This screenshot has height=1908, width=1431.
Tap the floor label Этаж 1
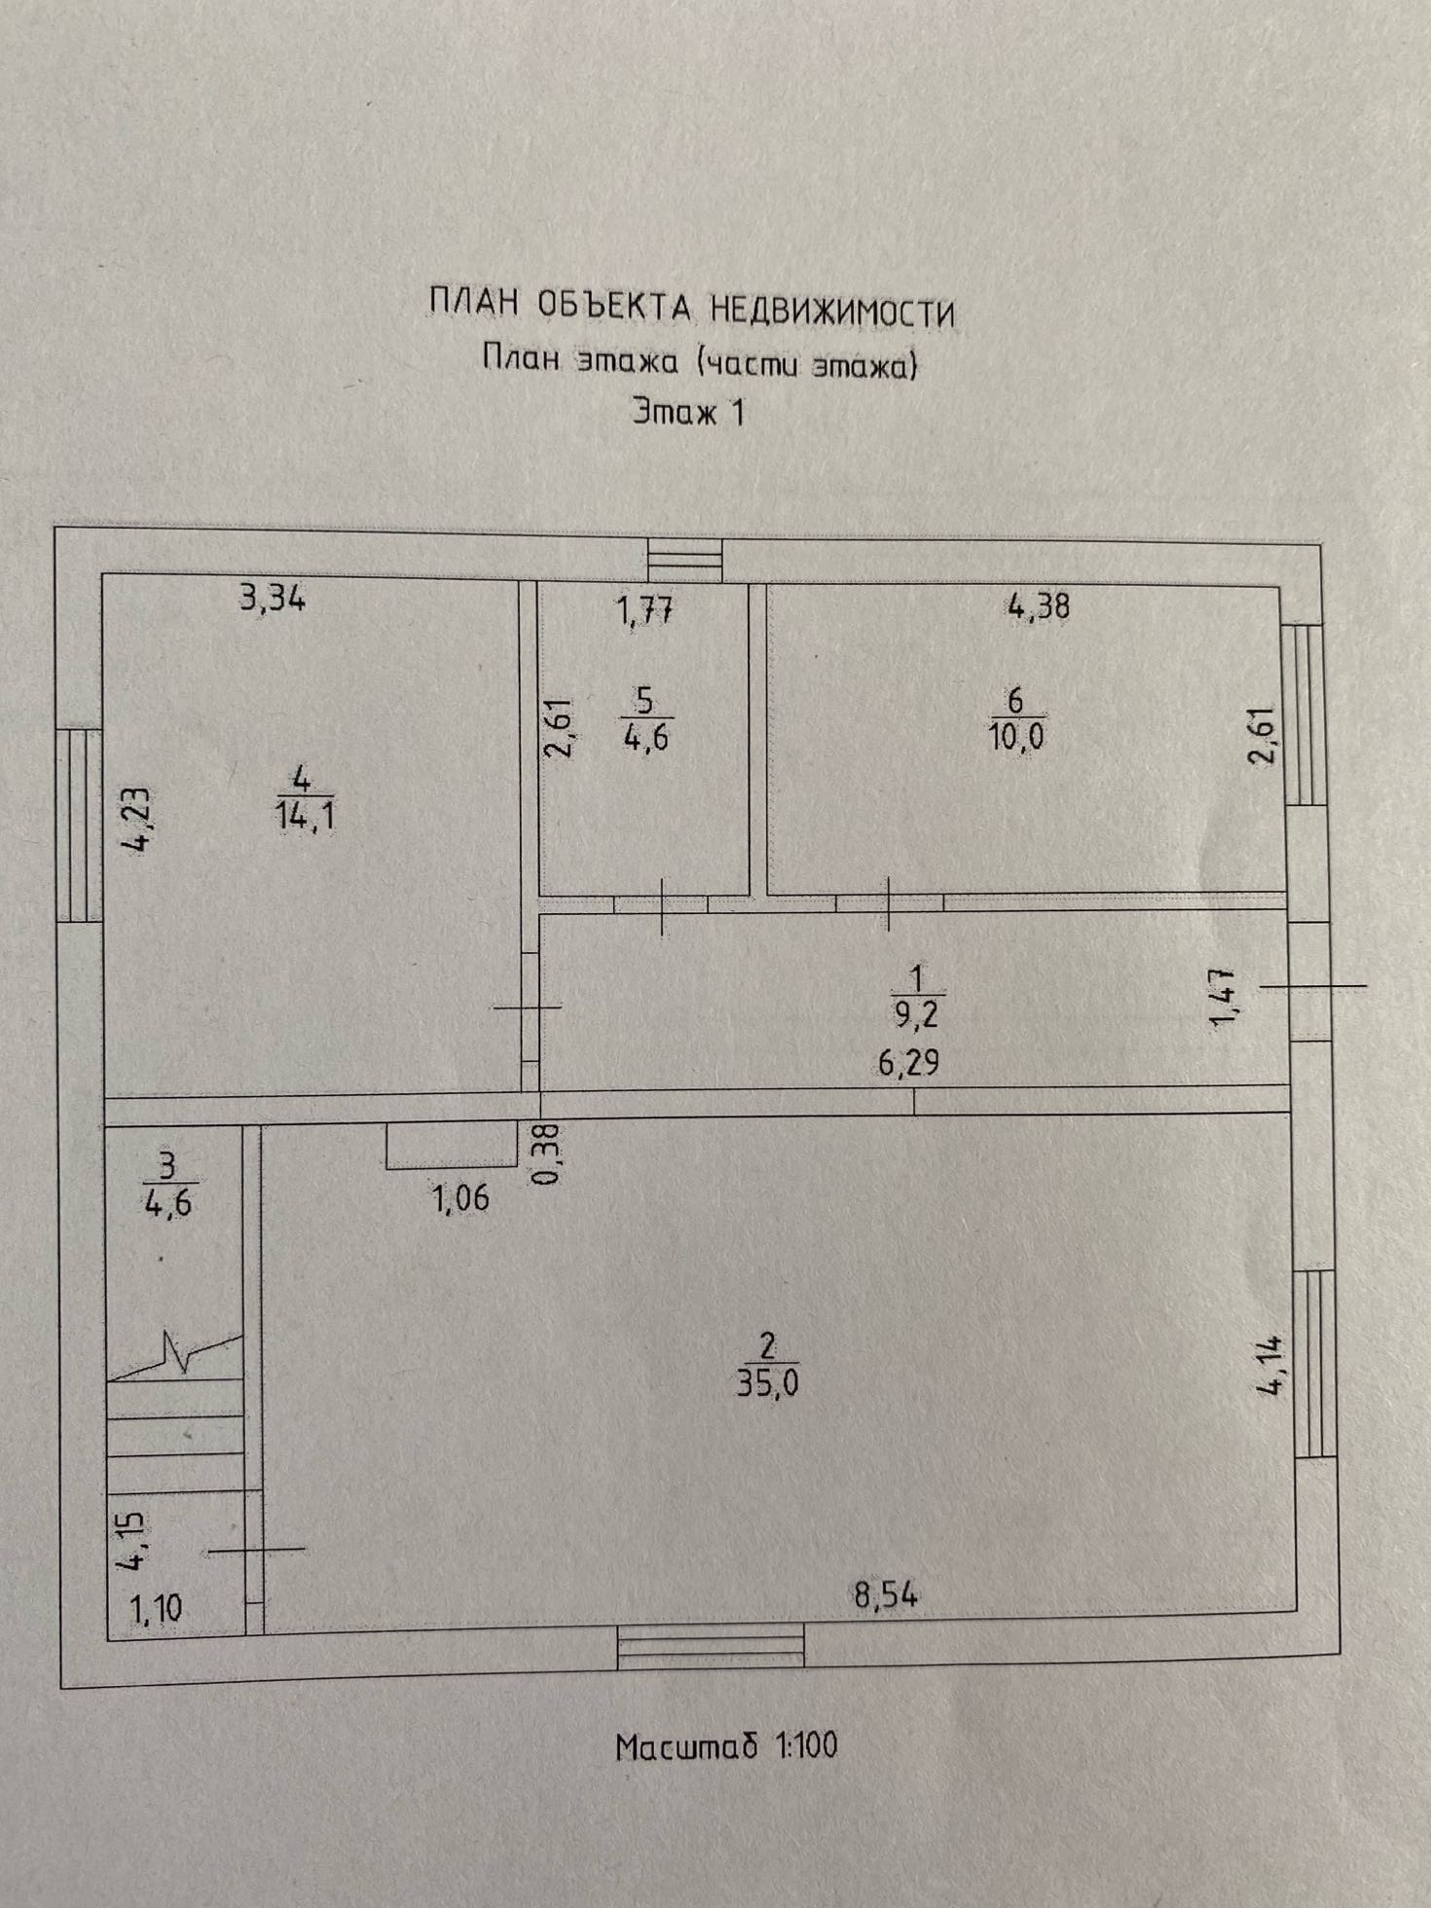click(689, 412)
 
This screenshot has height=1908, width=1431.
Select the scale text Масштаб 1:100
click(726, 1745)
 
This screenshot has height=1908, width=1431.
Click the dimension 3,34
click(273, 597)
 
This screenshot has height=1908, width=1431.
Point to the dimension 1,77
click(644, 611)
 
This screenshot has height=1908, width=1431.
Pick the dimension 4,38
click(1039, 607)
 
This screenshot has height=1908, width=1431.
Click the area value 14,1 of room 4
click(305, 815)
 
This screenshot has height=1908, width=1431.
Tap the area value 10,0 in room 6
click(1016, 737)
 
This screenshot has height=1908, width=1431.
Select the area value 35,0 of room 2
click(767, 1383)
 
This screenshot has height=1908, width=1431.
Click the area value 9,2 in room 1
click(916, 1015)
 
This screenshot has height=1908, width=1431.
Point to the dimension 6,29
click(908, 1062)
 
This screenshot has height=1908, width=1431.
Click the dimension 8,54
click(886, 1596)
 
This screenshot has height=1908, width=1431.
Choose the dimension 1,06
click(460, 1198)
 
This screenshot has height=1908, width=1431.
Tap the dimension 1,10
click(156, 1609)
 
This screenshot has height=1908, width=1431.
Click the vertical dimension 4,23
click(135, 821)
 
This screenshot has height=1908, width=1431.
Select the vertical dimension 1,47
click(1223, 997)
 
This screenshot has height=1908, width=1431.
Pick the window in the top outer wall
click(685, 562)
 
